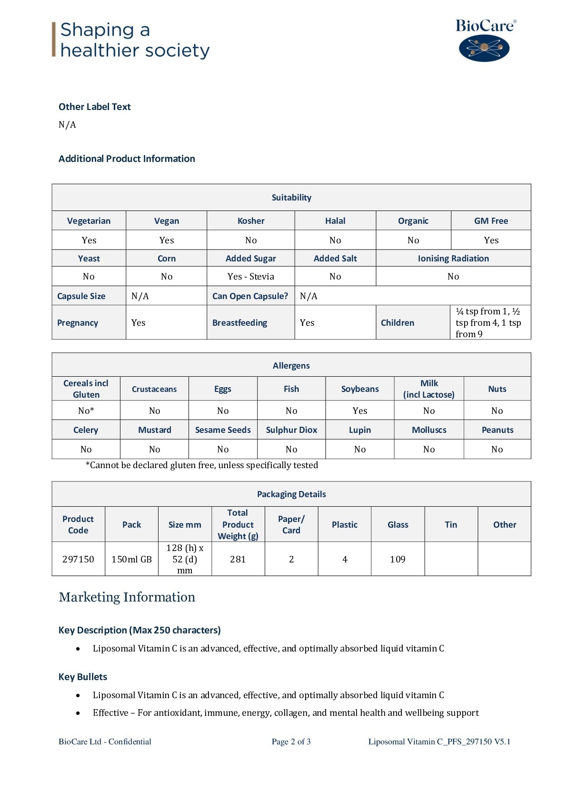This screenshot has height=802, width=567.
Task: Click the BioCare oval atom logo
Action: tap(484, 48)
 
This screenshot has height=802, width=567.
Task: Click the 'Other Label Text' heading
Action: tap(94, 107)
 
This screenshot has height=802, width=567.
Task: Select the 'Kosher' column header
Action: tap(251, 221)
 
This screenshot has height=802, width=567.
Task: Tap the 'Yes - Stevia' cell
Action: tap(251, 276)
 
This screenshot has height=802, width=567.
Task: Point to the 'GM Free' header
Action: tap(491, 221)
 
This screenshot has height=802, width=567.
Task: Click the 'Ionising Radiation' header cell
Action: tap(453, 258)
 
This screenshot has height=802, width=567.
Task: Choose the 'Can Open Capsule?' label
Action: tap(250, 296)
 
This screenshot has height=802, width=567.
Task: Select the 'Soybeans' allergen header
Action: tap(360, 389)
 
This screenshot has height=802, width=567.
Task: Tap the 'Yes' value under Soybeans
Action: tap(360, 411)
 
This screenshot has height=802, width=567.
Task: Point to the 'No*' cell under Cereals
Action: tap(86, 411)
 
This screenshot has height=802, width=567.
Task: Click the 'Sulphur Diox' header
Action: tap(291, 430)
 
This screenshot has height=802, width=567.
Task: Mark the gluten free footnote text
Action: tap(202, 465)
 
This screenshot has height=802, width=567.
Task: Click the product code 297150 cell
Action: tap(78, 559)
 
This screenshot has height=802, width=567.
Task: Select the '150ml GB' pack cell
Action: tap(131, 559)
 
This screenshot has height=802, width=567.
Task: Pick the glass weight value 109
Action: tap(398, 559)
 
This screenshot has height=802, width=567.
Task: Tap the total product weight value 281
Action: tap(238, 559)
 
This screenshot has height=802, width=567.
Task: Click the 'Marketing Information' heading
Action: tap(127, 597)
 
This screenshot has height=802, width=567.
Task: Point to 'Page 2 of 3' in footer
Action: tap(291, 742)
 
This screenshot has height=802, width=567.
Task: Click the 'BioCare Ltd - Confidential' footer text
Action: tap(105, 742)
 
